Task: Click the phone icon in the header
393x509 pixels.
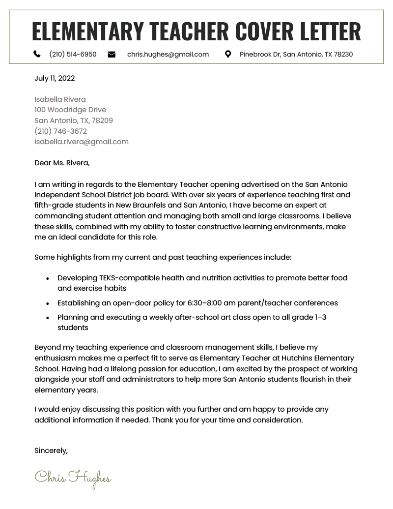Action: pyautogui.click(x=37, y=54)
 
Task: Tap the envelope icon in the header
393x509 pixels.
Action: pyautogui.click(x=112, y=54)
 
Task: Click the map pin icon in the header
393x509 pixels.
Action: pyautogui.click(x=228, y=54)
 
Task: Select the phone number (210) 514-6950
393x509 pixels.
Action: pyautogui.click(x=73, y=54)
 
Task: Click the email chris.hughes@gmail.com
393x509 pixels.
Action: pyautogui.click(x=168, y=54)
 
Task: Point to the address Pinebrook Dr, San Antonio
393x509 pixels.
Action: pyautogui.click(x=296, y=54)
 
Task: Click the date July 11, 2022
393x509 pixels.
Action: pyautogui.click(x=55, y=78)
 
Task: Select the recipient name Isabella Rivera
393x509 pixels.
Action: pyautogui.click(x=60, y=99)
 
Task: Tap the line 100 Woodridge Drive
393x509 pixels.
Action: pyautogui.click(x=70, y=110)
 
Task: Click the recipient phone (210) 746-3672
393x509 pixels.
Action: pyautogui.click(x=60, y=131)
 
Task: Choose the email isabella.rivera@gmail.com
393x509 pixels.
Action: pyautogui.click(x=82, y=142)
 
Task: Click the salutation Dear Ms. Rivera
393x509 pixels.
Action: pyautogui.click(x=62, y=163)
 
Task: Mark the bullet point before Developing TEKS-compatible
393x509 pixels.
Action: pyautogui.click(x=48, y=278)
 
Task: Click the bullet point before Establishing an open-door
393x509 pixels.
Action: pyautogui.click(x=48, y=304)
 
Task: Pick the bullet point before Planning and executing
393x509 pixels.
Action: pyautogui.click(x=48, y=318)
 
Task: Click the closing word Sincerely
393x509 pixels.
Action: pyautogui.click(x=51, y=450)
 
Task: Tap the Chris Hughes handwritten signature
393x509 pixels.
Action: pyautogui.click(x=73, y=478)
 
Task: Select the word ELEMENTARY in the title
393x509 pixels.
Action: pyautogui.click(x=88, y=31)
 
